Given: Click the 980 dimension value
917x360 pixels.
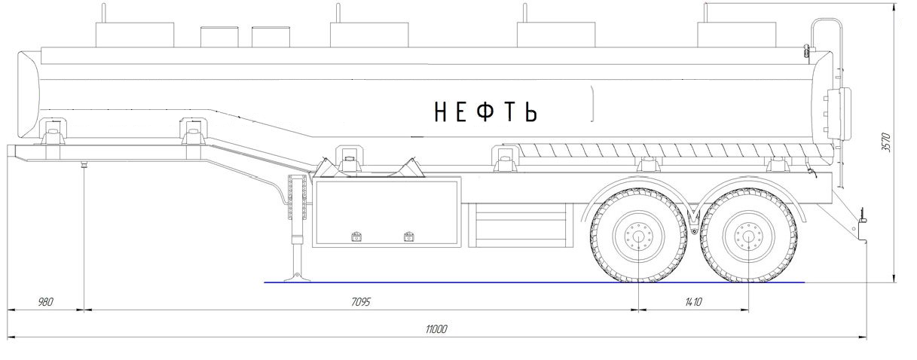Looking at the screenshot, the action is [x=45, y=302].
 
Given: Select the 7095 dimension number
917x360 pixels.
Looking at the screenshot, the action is [x=361, y=302].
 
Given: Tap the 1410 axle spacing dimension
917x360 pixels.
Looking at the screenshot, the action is [x=693, y=302].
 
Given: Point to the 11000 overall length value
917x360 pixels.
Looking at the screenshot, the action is [x=436, y=329].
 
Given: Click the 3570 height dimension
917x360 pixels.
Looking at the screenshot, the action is [x=886, y=142].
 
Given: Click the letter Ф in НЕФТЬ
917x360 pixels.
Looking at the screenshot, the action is [x=485, y=111].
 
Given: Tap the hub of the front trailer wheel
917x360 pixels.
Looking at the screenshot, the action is [x=639, y=236].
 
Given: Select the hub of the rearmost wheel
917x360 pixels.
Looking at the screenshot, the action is [x=748, y=236].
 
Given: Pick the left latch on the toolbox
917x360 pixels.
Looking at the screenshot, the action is [x=357, y=236].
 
